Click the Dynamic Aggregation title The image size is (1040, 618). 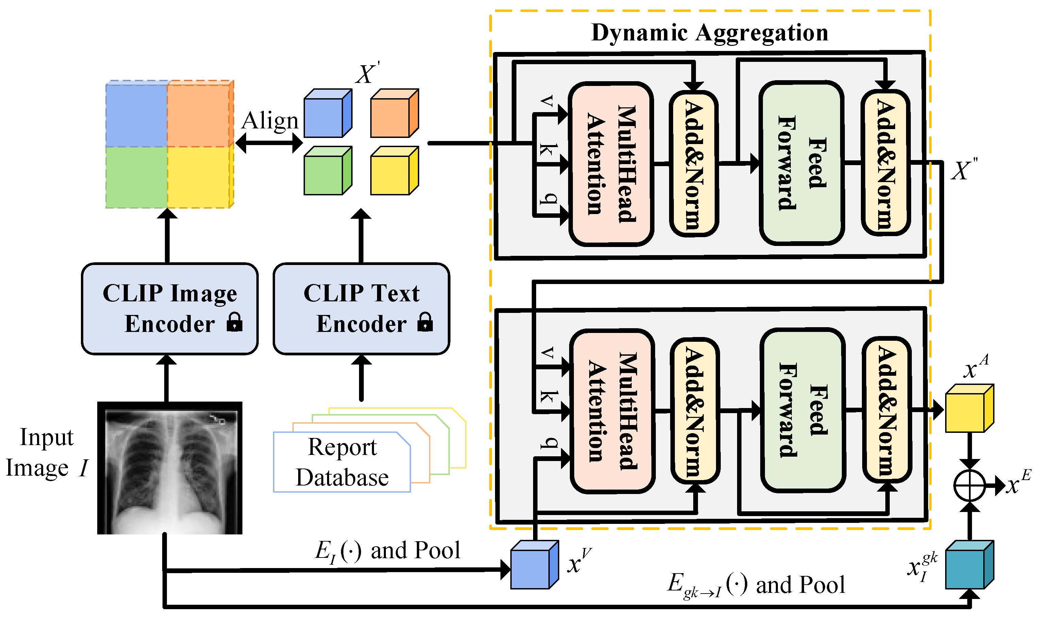[x=710, y=33]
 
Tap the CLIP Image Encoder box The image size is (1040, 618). [x=170, y=308]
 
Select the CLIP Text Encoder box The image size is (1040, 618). [x=361, y=308]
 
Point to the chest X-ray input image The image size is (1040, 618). [x=170, y=468]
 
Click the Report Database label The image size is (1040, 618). [x=342, y=462]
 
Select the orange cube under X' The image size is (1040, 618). [x=394, y=113]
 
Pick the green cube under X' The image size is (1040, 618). [x=327, y=171]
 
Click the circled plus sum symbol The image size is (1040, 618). [x=969, y=485]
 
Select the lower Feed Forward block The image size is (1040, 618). [x=802, y=410]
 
